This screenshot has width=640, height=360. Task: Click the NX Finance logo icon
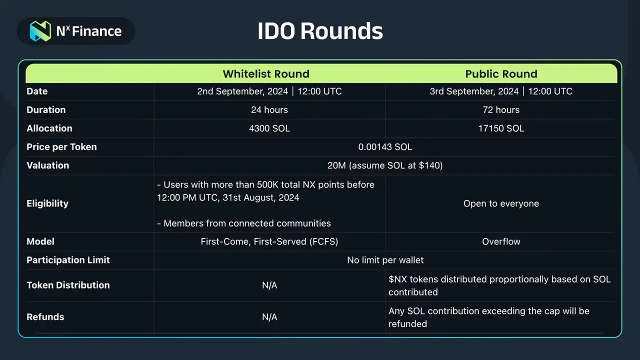40,31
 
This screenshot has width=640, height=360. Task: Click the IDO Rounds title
320,31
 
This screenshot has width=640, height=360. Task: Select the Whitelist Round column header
266,74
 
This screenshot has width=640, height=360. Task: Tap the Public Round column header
501,74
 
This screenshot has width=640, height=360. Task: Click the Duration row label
46,109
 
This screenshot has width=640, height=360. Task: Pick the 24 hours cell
269,109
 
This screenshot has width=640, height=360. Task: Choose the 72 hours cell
501,109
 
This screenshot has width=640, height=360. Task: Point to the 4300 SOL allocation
269,128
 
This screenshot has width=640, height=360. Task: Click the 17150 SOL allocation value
501,128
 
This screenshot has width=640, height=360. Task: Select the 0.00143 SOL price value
385,147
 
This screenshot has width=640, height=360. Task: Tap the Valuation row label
47,165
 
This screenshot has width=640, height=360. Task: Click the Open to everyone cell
501,203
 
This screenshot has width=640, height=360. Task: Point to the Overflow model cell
501,241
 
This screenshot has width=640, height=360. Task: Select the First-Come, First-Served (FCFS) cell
269,241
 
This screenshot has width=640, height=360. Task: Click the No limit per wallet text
385,260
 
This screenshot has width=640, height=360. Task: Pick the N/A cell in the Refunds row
269,317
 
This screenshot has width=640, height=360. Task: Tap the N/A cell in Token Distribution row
269,285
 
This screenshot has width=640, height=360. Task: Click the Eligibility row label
47,203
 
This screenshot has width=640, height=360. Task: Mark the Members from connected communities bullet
244,223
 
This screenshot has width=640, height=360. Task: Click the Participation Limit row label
68,260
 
